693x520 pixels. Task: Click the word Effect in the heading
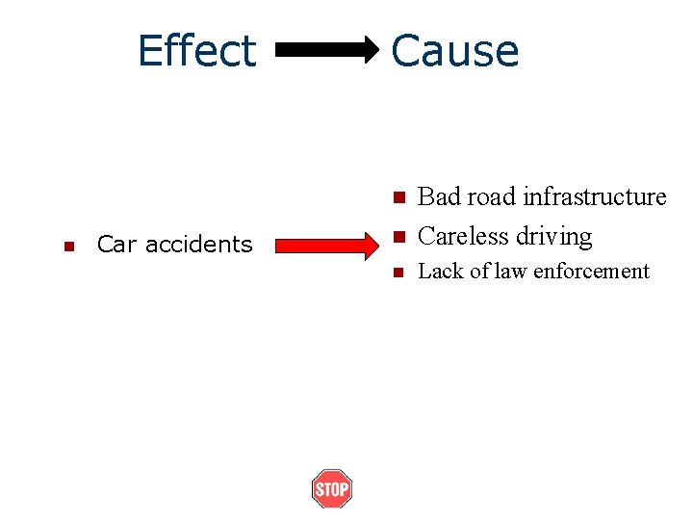pos(196,50)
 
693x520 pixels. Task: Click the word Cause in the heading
pos(455,50)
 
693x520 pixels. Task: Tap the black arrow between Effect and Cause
pos(328,50)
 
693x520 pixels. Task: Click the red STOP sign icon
pos(331,489)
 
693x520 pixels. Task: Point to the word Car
pos(114,245)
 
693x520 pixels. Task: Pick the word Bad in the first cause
pos(441,197)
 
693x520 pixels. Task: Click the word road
pos(493,197)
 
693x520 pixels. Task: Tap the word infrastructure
pos(594,197)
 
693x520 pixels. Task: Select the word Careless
pos(464,236)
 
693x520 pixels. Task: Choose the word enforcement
pos(591,272)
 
